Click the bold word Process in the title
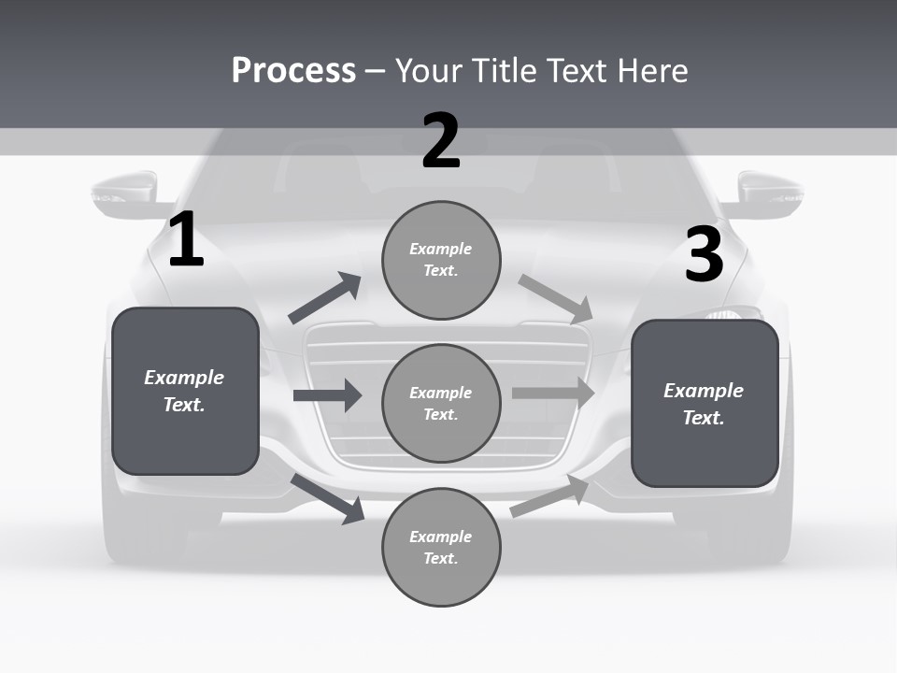click(293, 70)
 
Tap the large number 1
click(186, 240)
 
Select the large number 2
click(441, 141)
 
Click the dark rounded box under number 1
click(185, 391)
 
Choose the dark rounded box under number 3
click(705, 404)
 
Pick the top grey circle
click(441, 260)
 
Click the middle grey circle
click(441, 403)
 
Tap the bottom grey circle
click(441, 547)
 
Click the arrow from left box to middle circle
click(327, 395)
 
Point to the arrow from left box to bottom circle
click(328, 498)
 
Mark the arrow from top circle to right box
click(556, 298)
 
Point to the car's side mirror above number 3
click(769, 194)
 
